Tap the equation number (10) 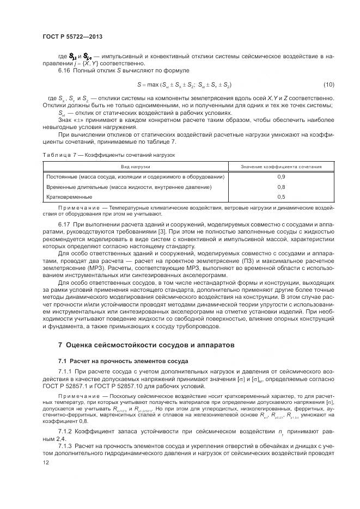click(x=328, y=85)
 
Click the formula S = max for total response click(x=185, y=85)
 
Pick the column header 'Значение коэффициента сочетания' click(x=282, y=166)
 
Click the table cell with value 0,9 click(x=282, y=177)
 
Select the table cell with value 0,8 click(x=282, y=187)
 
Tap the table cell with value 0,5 click(x=282, y=197)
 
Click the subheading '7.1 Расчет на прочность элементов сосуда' click(x=123, y=361)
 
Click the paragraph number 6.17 click(x=65, y=224)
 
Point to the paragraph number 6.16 click(x=65, y=71)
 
